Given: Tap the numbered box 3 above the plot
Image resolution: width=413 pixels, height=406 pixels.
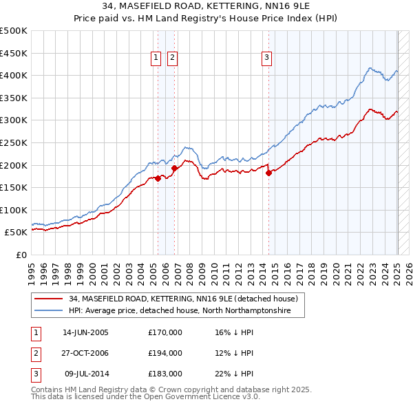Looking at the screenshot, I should click(266, 58).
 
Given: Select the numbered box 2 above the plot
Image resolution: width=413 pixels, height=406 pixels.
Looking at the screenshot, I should click(172, 58).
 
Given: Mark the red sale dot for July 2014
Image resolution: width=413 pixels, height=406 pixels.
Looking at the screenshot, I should click(269, 173).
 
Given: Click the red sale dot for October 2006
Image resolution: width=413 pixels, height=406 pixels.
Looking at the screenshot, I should click(175, 168).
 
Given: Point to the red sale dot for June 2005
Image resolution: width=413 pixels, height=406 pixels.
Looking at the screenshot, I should click(158, 178).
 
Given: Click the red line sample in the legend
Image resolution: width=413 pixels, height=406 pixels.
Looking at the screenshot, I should click(49, 299).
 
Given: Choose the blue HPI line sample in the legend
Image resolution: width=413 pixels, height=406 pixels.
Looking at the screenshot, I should click(49, 311).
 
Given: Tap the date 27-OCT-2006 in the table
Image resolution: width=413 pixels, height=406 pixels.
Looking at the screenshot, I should click(85, 353).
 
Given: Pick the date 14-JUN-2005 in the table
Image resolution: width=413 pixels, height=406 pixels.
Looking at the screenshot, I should click(85, 332).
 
